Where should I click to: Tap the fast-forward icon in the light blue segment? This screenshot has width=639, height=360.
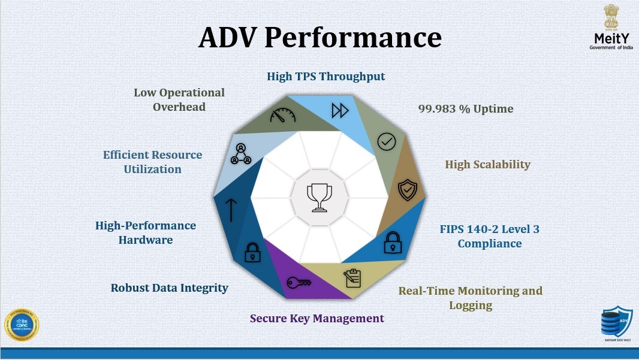(x=340, y=111)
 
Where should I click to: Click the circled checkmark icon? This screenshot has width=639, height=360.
(x=387, y=142)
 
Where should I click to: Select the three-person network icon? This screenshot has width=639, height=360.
(x=240, y=154)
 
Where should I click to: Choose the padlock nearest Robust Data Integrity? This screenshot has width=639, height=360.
(x=252, y=253)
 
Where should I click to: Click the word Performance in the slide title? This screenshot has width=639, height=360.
(x=352, y=37)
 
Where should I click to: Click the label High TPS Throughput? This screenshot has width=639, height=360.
(x=325, y=76)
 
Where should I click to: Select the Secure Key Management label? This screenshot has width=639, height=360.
(x=317, y=318)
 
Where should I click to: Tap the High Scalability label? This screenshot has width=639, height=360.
(x=487, y=164)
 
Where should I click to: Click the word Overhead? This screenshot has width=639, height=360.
(x=179, y=107)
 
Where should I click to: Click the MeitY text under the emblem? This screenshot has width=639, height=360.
(x=610, y=38)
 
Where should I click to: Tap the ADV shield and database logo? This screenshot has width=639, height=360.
(x=616, y=324)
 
